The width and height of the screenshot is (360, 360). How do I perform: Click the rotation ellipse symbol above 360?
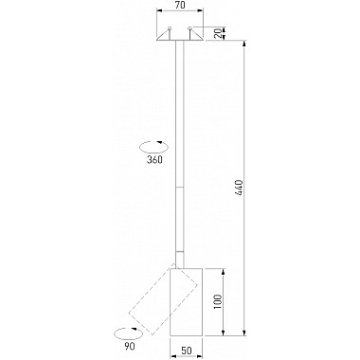pyautogui.click(x=153, y=146)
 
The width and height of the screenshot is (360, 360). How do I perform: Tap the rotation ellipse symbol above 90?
pyautogui.click(x=126, y=333)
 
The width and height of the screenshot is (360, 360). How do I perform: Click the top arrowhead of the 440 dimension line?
pyautogui.click(x=244, y=44)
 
